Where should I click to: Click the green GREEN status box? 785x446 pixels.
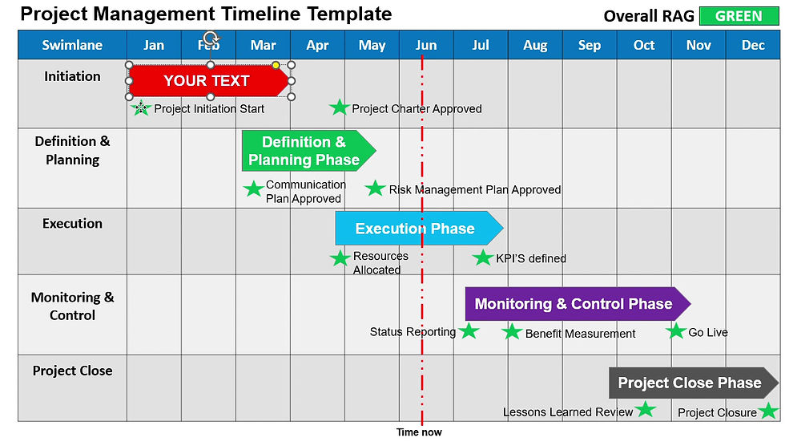pos(739,16)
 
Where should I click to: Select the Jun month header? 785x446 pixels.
pos(426,46)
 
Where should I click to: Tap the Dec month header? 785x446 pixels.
pos(753,46)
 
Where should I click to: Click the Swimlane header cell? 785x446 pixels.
pos(72,46)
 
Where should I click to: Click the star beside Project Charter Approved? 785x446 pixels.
pos(340,107)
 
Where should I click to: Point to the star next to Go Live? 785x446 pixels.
pos(675,330)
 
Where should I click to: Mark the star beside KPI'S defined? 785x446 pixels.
pos(482,257)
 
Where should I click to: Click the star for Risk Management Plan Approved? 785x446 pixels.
pos(375,189)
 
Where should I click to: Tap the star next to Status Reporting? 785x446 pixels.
pos(469,330)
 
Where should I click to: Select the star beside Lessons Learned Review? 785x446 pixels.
pos(645,410)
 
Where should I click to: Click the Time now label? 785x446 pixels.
pos(419,432)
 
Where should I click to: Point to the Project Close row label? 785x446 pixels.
pos(72,371)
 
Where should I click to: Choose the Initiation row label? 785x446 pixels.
pos(72,76)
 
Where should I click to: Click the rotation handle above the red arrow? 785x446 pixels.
pos(211,38)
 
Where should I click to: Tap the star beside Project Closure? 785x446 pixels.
pos(768,412)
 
